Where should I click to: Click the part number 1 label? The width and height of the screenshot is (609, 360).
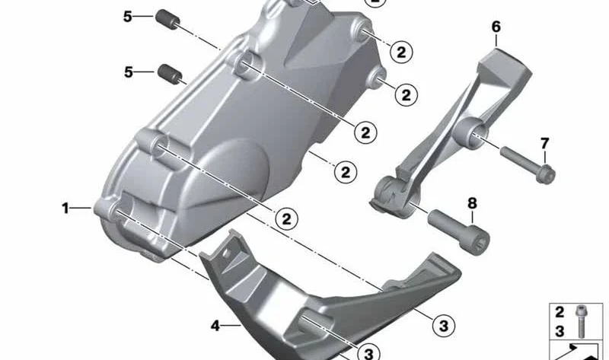point(65,208)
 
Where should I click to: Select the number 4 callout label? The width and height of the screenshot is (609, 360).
point(215,326)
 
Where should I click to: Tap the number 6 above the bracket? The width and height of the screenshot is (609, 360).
point(496,27)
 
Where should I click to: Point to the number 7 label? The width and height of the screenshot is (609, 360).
point(544,143)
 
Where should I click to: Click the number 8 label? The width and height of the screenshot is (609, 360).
point(472,203)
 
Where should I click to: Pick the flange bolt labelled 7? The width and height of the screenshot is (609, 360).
point(528,164)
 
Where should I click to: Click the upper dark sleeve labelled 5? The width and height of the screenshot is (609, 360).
point(167,20)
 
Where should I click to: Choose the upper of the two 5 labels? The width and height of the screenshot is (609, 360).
point(128,16)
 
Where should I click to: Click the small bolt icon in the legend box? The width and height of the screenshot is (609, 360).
point(581,320)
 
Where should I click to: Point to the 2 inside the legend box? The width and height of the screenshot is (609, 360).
point(560,312)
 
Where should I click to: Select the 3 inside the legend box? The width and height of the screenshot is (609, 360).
point(560,331)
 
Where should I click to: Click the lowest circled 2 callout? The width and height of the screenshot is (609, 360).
point(286,219)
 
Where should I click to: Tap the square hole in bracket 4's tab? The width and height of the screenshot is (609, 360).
point(226,253)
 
